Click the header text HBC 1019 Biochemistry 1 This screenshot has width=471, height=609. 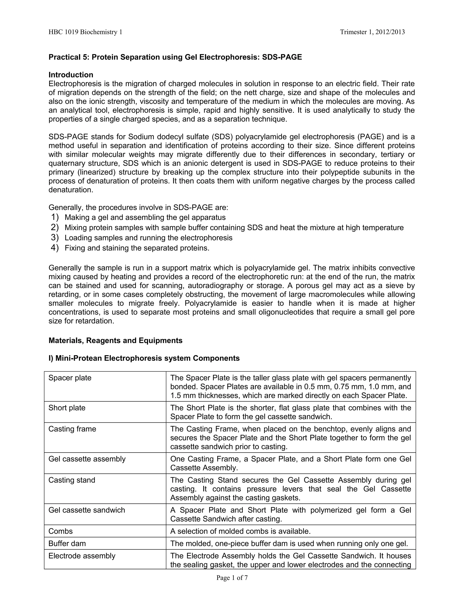tap(85, 32)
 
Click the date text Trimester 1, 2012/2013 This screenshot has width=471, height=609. tap(372, 32)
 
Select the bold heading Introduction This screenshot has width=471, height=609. tap(71, 75)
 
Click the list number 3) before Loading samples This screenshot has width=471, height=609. tap(55, 238)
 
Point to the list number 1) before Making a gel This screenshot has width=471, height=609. tap(55, 217)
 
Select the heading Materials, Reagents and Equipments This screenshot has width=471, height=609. tap(115, 341)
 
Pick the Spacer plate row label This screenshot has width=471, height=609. tap(70, 378)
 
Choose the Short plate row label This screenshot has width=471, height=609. tap(67, 408)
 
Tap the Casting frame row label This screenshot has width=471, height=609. tap(72, 429)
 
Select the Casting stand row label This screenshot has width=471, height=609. tap(72, 480)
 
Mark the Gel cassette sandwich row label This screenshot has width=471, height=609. tap(87, 510)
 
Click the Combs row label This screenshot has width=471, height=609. tap(60, 531)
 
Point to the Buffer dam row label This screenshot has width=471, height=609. tap(67, 544)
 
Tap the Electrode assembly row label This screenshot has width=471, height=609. tap(82, 556)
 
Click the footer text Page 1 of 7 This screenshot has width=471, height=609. tap(232, 578)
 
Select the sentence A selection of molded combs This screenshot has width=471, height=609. tap(240, 531)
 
